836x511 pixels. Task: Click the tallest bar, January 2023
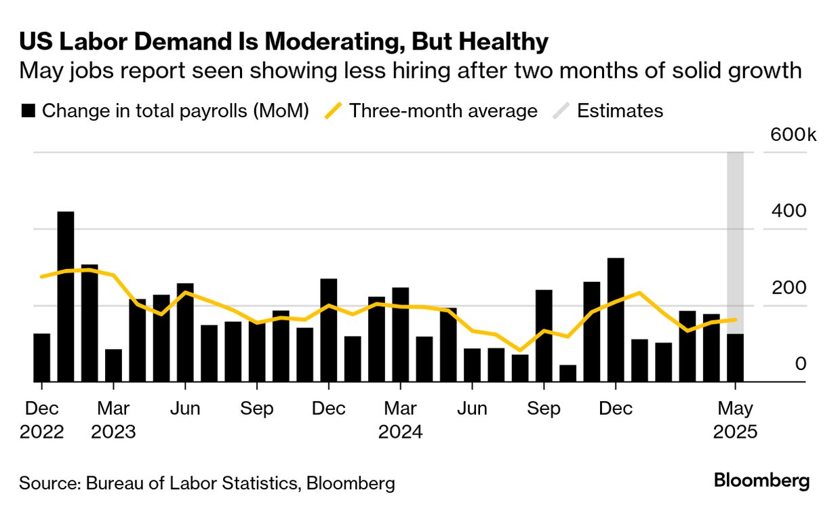point(66,297)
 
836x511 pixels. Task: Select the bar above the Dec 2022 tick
point(42,358)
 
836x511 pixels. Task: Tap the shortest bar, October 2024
point(568,373)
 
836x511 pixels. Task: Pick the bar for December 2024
point(616,320)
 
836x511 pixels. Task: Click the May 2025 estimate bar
point(735,358)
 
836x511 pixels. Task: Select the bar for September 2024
point(544,335)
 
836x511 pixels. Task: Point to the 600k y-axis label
point(793,134)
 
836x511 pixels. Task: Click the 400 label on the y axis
point(789,211)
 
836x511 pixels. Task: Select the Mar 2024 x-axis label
point(400,420)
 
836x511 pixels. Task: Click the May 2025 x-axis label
point(735,420)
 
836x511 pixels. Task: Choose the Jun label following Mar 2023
point(185,409)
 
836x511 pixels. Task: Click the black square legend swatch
point(28,111)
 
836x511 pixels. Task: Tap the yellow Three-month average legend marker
point(333,111)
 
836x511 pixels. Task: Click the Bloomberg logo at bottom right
point(761,481)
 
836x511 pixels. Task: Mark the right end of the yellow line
point(736,319)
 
